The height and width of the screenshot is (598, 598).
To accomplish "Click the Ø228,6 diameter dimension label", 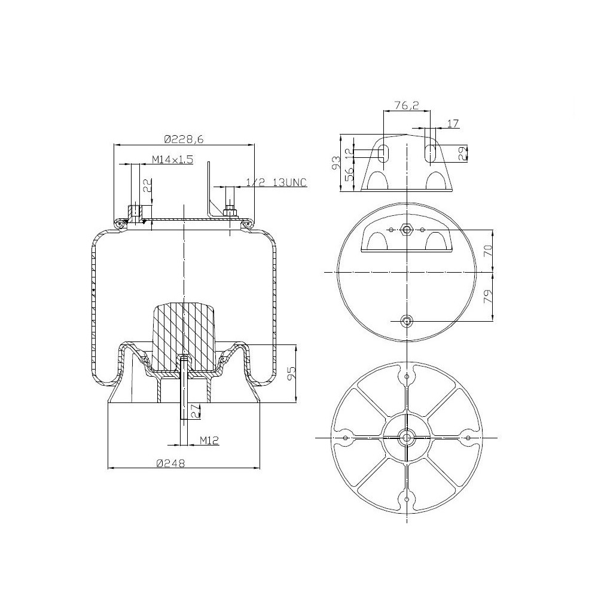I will tap(184, 139).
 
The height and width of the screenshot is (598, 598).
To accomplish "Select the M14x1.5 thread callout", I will tap(172, 159).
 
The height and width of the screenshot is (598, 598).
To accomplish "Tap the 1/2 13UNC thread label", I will tap(277, 182).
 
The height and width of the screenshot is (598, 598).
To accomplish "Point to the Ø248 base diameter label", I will tap(170, 463).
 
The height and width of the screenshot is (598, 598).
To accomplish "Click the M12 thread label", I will tap(209, 441).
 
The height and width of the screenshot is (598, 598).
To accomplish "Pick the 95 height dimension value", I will tap(291, 374).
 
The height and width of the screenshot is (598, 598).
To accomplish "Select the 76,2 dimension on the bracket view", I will tap(407, 106).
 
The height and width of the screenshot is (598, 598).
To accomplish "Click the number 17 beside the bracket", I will tap(453, 124).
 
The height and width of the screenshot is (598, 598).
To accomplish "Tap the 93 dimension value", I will tap(336, 161).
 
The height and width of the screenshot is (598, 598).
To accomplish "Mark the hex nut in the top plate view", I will tap(407, 230).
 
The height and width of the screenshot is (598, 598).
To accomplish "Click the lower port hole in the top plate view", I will tap(407, 322).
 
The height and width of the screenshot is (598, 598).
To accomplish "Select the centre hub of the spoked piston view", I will tap(407, 438).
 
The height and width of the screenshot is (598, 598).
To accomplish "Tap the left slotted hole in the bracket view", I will tap(385, 153).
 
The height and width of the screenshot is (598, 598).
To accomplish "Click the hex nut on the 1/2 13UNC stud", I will tap(230, 211).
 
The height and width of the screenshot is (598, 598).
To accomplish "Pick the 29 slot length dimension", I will tap(462, 153).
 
